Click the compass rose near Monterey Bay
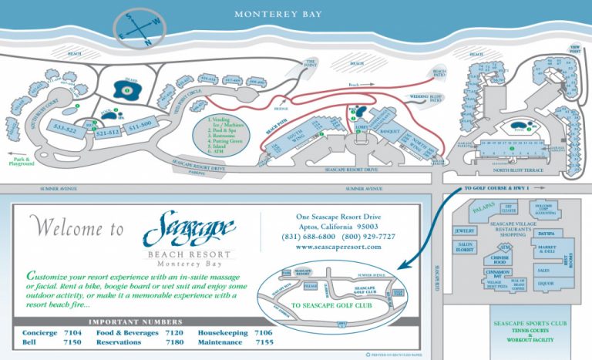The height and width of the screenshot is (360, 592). click(x=138, y=29)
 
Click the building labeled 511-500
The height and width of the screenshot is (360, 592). click(x=140, y=124)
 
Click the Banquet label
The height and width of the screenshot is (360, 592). click(x=388, y=131)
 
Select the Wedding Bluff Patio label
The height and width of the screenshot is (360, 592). click(x=423, y=98)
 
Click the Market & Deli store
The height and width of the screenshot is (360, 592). click(x=546, y=250)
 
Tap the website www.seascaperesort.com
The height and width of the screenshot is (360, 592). click(x=338, y=247)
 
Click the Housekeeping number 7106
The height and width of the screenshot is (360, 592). click(x=265, y=332)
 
